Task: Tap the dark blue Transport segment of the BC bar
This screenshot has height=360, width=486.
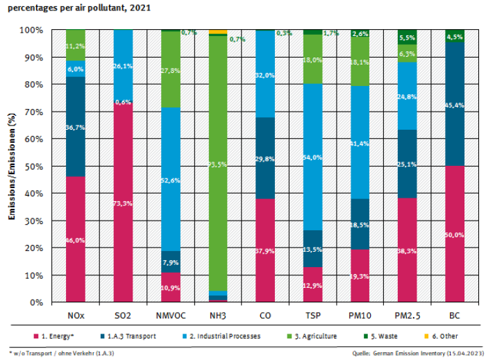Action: [x=455, y=104]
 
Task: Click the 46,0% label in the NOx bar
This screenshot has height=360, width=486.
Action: [x=75, y=239]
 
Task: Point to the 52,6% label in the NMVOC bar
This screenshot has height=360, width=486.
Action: [x=171, y=181]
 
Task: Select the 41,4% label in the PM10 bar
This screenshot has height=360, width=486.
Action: [x=360, y=162]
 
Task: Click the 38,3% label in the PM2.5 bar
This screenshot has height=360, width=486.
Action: [x=408, y=250]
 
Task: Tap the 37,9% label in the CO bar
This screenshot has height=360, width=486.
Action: [x=266, y=250]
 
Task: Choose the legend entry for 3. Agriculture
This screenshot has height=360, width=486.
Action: [x=313, y=336]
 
